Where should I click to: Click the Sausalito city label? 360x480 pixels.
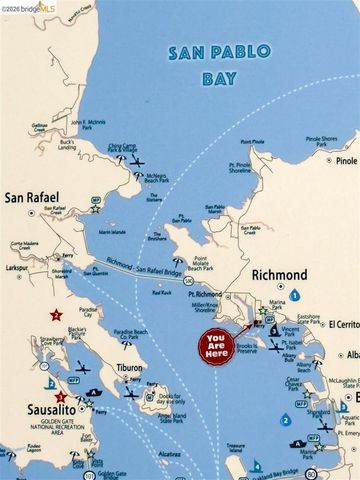tap(33, 411)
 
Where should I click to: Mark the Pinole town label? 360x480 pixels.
tap(346, 160)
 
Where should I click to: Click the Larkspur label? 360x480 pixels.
tap(16, 269)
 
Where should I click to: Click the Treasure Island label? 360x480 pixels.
tap(236, 448)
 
